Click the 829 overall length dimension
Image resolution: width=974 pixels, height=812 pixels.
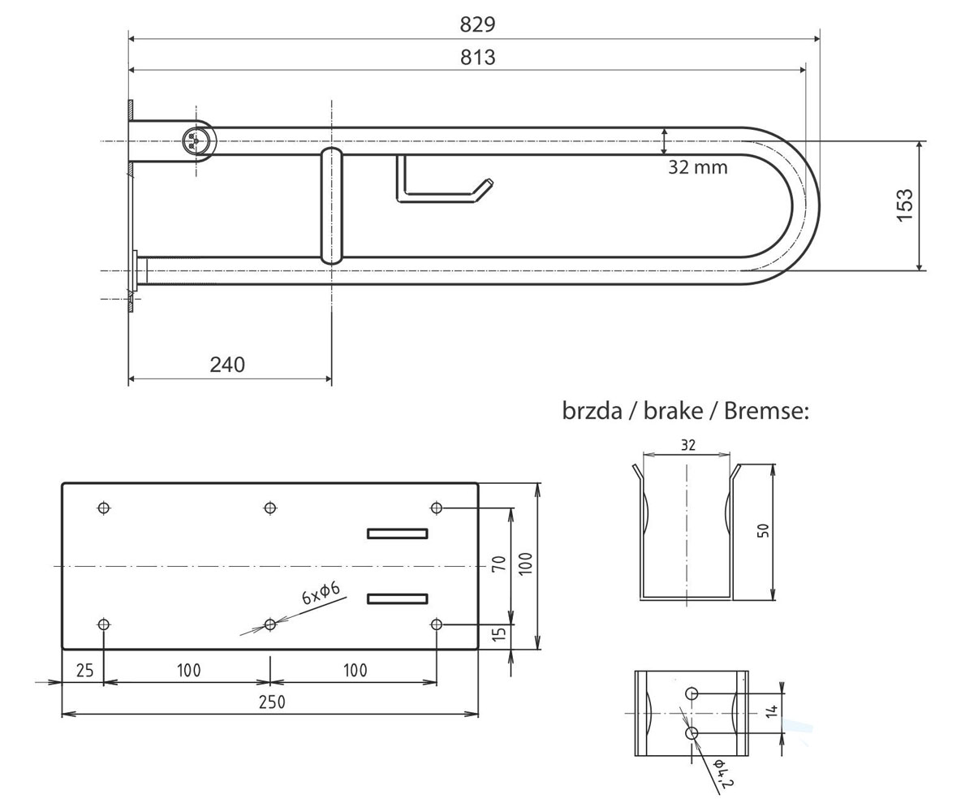point(477,24)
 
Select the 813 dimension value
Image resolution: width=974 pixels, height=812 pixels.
point(478,58)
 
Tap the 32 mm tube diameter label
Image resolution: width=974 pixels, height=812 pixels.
point(698,167)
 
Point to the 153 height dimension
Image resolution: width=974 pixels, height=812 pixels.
point(904,205)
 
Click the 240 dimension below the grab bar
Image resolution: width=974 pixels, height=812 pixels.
point(227,365)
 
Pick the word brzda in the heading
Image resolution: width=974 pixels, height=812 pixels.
point(592,411)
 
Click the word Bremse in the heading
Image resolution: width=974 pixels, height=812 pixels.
point(766,411)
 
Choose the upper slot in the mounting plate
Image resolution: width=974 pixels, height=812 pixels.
point(398,533)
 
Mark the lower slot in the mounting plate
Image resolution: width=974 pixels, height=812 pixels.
point(398,598)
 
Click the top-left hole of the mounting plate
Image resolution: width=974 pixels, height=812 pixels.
point(104,508)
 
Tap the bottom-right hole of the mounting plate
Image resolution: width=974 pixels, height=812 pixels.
point(436,624)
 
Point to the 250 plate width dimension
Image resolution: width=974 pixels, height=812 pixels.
point(272,702)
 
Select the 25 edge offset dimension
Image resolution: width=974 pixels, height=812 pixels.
point(85,671)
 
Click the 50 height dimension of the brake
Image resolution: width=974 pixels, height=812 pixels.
point(763,530)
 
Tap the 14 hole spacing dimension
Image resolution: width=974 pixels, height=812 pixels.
point(772,711)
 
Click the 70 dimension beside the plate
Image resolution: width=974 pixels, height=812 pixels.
point(498,564)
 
